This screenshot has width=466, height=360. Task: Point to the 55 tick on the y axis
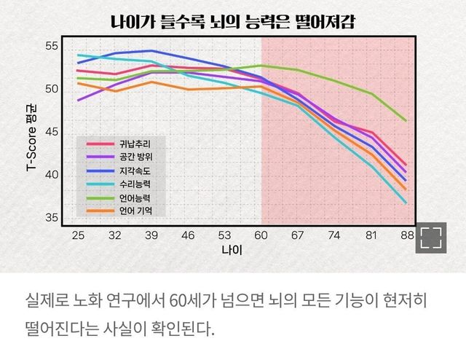click(51, 46)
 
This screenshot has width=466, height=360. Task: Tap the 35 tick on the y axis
click(51, 218)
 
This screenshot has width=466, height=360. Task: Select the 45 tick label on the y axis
click(51, 132)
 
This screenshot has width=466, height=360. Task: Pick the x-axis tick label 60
click(261, 235)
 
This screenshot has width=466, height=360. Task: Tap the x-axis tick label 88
click(407, 235)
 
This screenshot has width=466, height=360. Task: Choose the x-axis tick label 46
click(188, 235)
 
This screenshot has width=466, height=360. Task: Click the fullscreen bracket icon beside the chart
click(432, 238)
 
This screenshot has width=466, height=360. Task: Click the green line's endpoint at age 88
click(406, 120)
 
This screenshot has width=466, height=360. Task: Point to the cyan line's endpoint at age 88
click(406, 203)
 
